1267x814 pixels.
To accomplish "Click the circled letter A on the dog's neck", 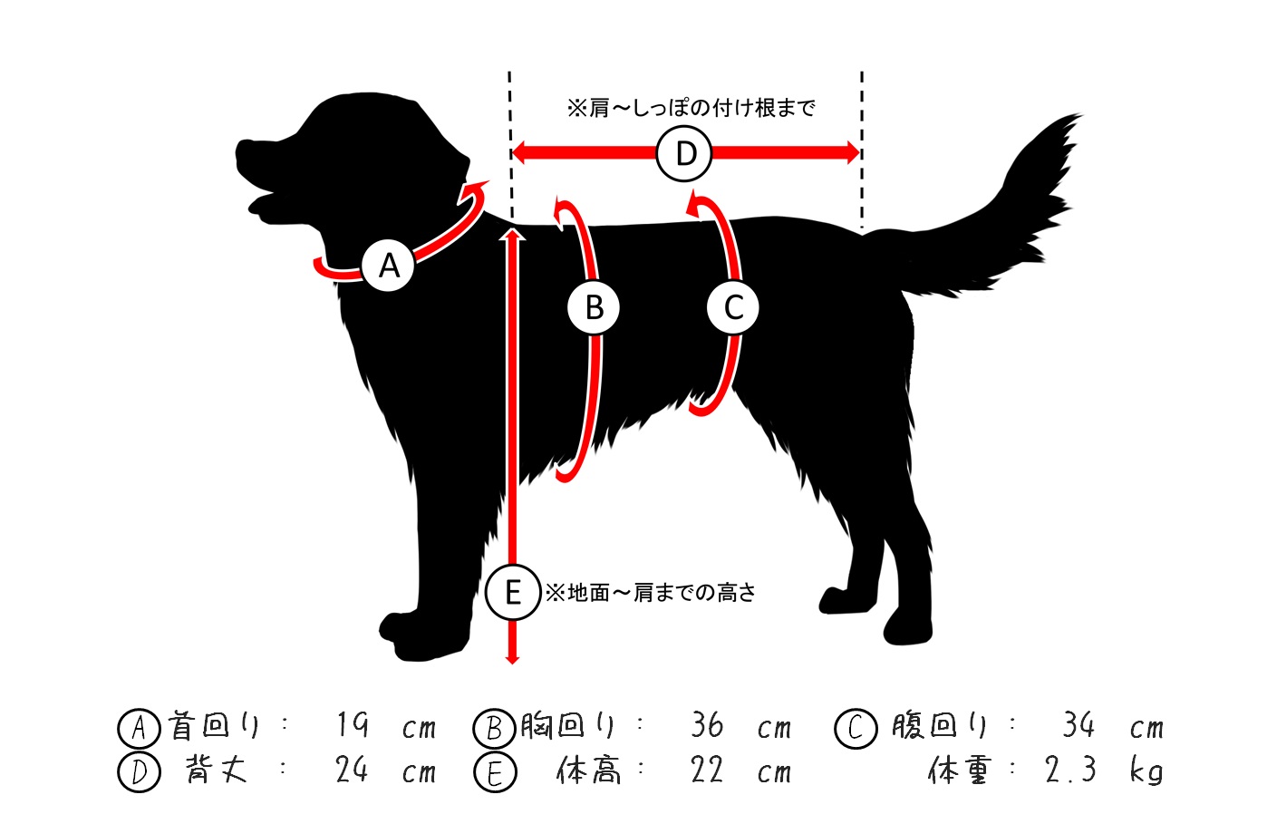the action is [388, 265].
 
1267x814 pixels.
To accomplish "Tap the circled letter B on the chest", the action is [594, 307].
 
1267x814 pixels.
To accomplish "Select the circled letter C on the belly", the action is [733, 307].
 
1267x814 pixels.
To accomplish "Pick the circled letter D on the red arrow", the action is [684, 153].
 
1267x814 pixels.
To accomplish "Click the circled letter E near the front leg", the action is [513, 592].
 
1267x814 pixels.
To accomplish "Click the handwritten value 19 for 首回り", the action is [353, 725].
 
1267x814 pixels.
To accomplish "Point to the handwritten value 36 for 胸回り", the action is [707, 725].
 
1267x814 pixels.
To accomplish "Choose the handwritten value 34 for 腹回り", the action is [1078, 724].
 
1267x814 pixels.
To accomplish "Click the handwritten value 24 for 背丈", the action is [352, 770].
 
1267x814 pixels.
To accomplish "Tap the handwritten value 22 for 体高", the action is [707, 770].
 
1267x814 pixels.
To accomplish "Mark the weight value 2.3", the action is [1070, 770].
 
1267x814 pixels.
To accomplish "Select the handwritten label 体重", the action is [960, 770].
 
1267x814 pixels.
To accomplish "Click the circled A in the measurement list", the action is [140, 728].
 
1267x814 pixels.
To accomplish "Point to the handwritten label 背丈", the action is [216, 770].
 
